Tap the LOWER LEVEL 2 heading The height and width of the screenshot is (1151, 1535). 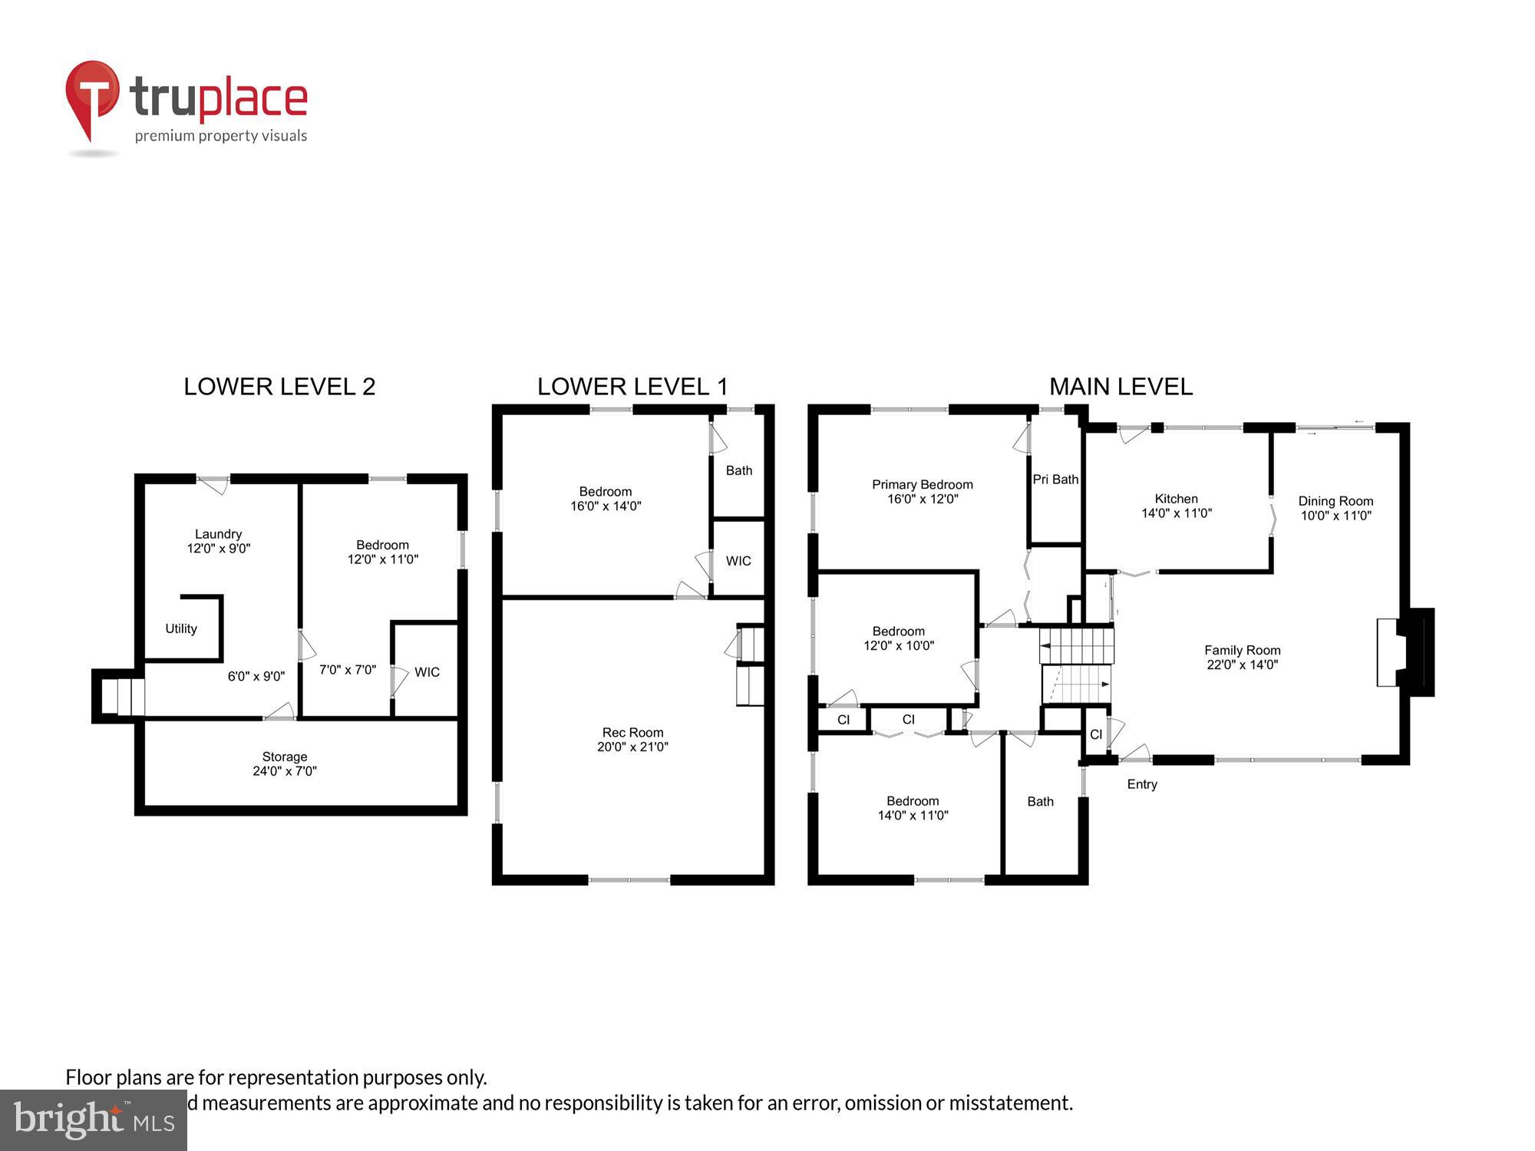point(279,387)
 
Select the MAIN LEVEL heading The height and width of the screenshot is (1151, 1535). point(1121,387)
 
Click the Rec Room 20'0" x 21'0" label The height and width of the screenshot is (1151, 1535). point(632,740)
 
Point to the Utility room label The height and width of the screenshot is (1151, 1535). point(181,629)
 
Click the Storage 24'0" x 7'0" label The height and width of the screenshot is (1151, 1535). point(285,764)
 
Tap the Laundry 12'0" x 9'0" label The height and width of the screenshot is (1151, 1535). point(219,541)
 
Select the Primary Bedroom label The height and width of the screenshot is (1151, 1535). point(922,492)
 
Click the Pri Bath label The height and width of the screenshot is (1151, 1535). point(1055,480)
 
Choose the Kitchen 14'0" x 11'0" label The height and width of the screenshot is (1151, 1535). point(1176,506)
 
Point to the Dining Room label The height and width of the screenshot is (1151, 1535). point(1335,508)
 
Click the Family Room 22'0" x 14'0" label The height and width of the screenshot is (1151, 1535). point(1242,658)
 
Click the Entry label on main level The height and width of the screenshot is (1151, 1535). point(1141,784)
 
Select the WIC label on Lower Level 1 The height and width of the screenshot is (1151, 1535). point(738,561)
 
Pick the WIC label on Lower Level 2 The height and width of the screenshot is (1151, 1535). point(427,672)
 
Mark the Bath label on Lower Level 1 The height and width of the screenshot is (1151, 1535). point(738,470)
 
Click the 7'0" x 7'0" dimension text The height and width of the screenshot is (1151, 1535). point(348,670)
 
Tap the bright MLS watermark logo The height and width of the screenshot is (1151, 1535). point(94,1121)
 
